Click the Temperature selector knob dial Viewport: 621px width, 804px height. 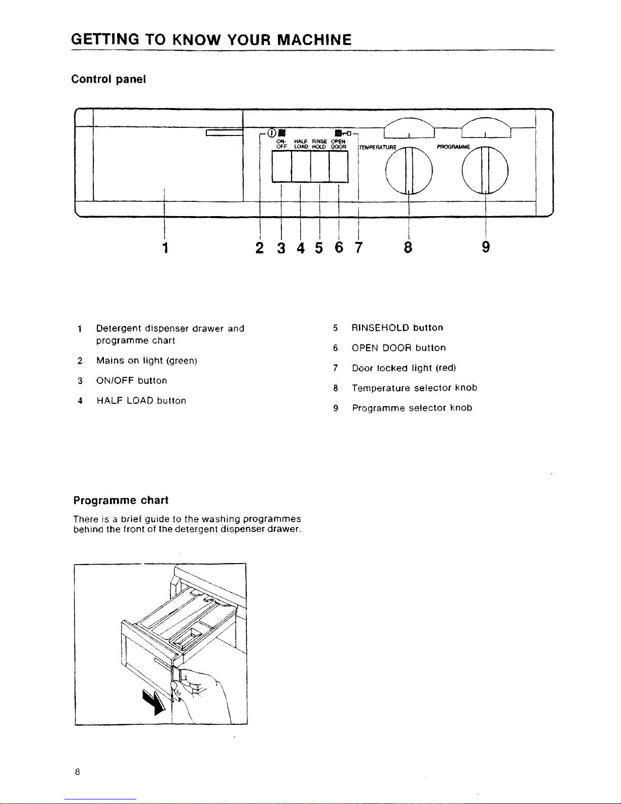409,169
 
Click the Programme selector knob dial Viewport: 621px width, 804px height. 485,169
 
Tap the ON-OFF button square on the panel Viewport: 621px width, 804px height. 282,166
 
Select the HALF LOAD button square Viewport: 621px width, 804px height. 301,166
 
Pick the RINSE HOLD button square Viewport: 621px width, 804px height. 320,166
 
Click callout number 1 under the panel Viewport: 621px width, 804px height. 164,248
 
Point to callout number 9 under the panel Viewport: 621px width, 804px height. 486,248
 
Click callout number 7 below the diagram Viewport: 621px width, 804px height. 358,248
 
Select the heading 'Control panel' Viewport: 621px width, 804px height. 108,79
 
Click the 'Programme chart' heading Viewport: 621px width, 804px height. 121,500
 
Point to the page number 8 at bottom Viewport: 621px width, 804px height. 77,772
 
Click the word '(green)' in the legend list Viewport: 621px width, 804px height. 181,361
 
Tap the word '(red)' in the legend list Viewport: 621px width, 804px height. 446,368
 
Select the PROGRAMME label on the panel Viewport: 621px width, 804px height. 453,147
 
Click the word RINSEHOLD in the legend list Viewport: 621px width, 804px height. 380,328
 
